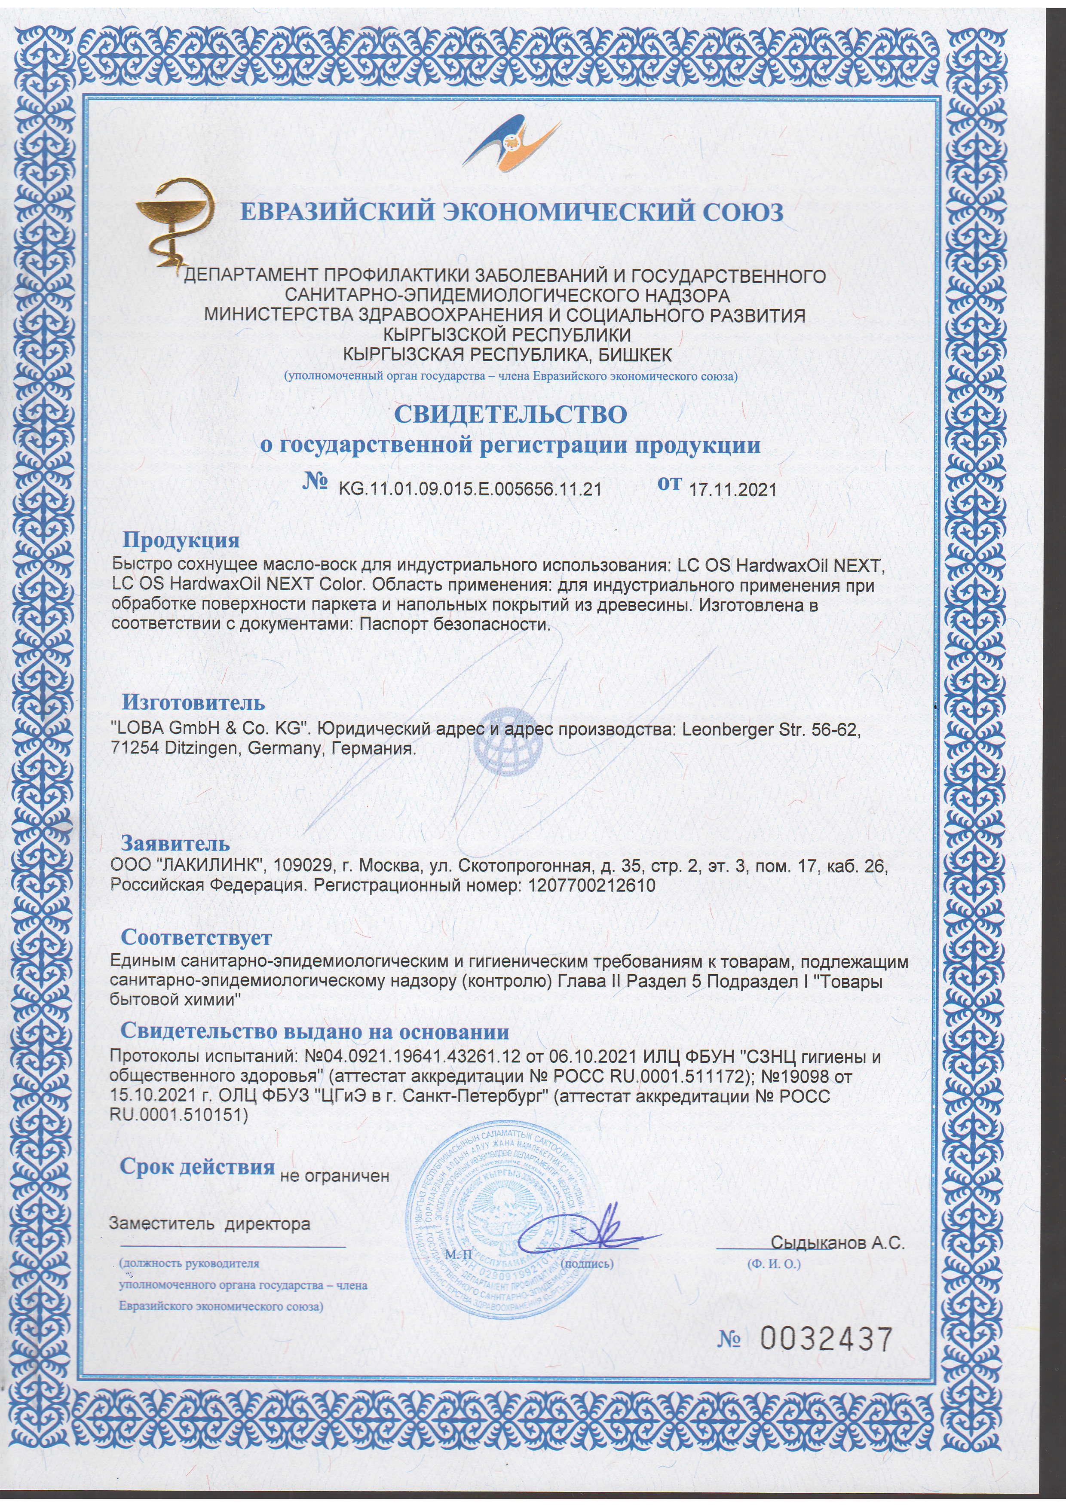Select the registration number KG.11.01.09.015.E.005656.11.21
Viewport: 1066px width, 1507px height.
[x=470, y=489]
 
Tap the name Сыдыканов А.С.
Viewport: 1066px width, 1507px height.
[x=837, y=1242]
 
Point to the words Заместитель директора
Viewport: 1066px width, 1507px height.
[x=209, y=1224]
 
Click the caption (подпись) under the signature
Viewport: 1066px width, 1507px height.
[x=588, y=1263]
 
